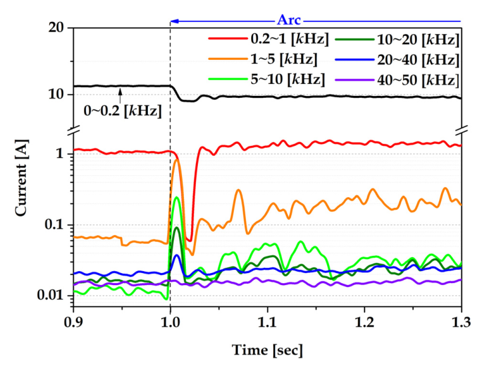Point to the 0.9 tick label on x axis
point(73,321)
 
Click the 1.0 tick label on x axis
point(171,321)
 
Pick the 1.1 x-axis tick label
point(267,321)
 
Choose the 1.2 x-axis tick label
point(364,321)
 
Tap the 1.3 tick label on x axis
point(461,321)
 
